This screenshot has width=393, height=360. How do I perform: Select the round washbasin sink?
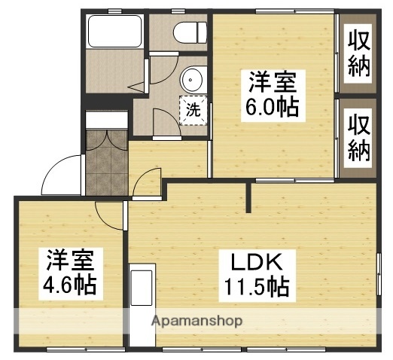[193, 78]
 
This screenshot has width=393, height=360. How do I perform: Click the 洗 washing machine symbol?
[193, 108]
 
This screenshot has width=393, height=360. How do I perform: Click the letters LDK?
[256, 263]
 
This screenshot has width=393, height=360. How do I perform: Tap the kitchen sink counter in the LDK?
[142, 301]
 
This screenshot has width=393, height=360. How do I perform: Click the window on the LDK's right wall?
[377, 276]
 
